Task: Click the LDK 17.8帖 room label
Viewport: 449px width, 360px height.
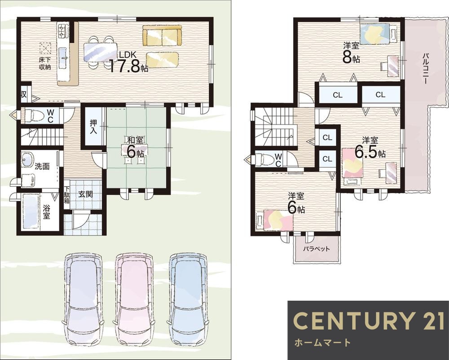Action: tap(128, 62)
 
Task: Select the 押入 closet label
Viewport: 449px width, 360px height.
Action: tap(93, 127)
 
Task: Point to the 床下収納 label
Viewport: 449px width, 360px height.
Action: tap(45, 64)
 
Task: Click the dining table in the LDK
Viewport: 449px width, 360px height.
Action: tap(100, 52)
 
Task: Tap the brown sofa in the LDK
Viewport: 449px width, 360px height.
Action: tap(162, 36)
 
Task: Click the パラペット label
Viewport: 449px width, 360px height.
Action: tap(317, 249)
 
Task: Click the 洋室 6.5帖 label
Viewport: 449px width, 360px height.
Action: tap(370, 148)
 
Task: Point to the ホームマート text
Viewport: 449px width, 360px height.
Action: tap(322, 342)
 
